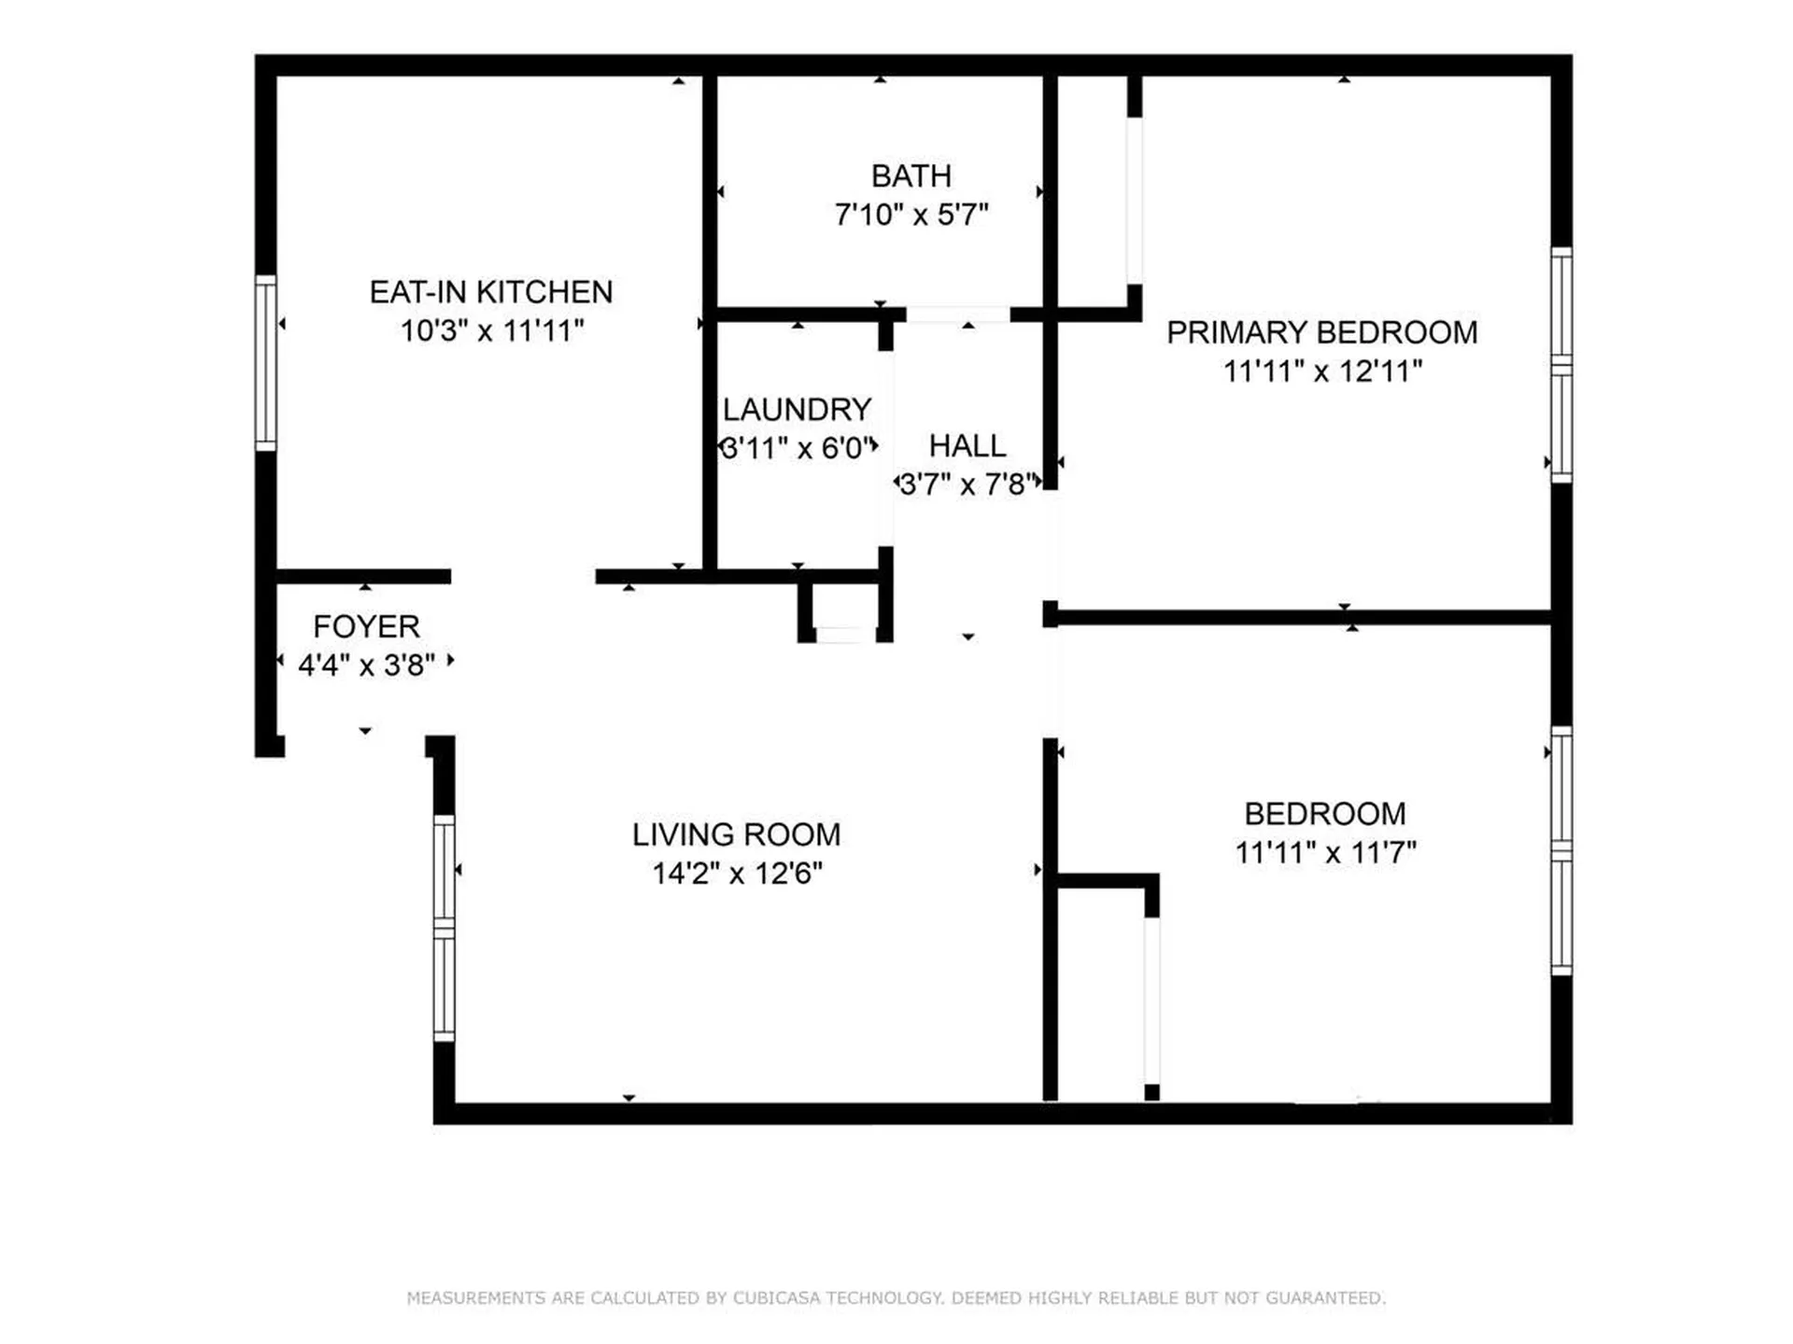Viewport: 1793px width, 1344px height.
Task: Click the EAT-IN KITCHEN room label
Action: click(491, 292)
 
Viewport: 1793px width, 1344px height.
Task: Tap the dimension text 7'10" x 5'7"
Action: click(911, 215)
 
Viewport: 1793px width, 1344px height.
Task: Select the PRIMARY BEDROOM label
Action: click(1321, 332)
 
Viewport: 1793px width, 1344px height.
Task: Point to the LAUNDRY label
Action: click(797, 410)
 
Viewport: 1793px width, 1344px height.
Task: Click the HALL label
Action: click(967, 446)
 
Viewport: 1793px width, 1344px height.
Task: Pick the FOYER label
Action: click(366, 626)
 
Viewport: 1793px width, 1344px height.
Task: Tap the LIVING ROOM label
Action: click(736, 834)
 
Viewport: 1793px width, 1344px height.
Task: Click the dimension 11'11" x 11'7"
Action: click(1325, 852)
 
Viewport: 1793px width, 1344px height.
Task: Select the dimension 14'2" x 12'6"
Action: click(737, 874)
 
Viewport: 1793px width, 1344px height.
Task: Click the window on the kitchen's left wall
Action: click(266, 363)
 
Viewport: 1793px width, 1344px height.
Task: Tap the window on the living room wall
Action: click(445, 928)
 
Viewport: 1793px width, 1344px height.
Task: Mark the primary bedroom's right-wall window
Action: click(1560, 365)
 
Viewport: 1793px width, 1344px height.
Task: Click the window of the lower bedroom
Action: click(1560, 850)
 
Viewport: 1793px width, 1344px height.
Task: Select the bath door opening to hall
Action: click(958, 315)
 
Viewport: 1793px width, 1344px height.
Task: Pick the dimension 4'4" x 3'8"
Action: click(366, 665)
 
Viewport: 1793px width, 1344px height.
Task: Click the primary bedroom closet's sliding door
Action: click(1134, 201)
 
